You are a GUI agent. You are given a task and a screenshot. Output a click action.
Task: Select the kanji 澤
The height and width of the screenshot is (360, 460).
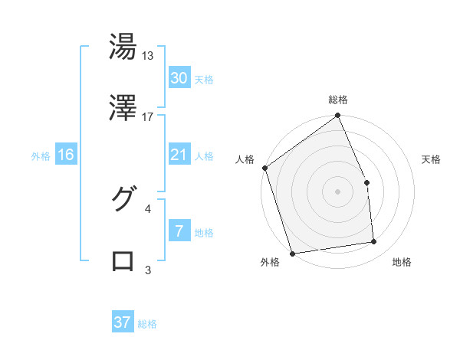(123, 108)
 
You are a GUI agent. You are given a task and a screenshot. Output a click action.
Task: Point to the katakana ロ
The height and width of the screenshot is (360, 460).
(123, 260)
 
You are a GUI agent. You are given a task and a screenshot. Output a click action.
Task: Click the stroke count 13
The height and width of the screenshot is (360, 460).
(148, 56)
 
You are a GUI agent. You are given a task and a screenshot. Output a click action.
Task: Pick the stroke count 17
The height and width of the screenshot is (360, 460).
(148, 117)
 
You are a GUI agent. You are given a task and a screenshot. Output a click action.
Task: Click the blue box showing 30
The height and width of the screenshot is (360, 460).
(179, 77)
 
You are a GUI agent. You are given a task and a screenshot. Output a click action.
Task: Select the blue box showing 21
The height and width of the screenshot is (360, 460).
(179, 155)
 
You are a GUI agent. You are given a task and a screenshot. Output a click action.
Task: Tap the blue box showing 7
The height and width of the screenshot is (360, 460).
(179, 231)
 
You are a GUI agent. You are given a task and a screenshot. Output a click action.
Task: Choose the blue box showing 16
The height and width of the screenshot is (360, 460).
(66, 155)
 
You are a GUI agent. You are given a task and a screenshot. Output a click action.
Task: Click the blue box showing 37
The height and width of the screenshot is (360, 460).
(123, 322)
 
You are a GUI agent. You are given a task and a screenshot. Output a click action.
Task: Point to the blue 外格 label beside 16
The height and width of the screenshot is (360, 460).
(41, 156)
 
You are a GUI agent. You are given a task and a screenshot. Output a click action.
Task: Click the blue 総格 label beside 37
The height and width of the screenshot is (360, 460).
(147, 324)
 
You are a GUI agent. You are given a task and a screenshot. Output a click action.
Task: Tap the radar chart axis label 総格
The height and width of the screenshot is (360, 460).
(337, 100)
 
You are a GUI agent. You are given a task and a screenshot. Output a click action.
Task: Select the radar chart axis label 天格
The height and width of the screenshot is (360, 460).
(431, 159)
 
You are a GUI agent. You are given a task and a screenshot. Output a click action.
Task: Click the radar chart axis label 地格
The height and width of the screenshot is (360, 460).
(402, 263)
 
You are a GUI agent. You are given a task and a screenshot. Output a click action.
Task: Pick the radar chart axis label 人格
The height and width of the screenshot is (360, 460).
(245, 159)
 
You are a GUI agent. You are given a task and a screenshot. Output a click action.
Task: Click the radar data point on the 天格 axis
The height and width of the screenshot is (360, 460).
(366, 183)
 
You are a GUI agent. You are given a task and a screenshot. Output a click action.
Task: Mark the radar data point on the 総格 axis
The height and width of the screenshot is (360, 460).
(337, 116)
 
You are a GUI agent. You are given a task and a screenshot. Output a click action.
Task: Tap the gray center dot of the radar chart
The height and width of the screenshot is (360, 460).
(337, 191)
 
